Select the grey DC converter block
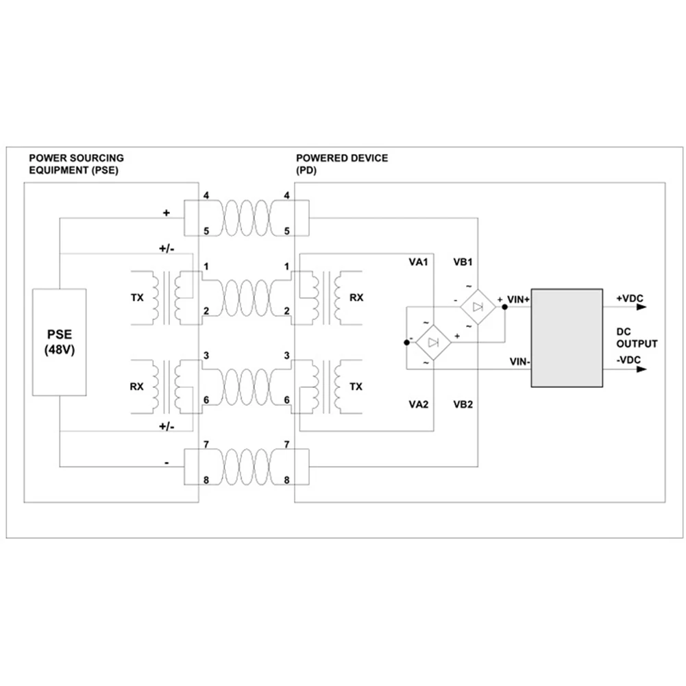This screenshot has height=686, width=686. point(567,339)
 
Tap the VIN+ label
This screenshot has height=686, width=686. point(518,299)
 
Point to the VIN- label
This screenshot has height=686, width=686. point(519,361)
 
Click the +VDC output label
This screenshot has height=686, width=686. point(629,298)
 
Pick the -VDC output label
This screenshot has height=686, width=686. point(629,361)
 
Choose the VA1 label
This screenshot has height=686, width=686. point(419,262)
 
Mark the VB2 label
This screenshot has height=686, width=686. point(463,404)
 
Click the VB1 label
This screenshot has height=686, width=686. point(463,262)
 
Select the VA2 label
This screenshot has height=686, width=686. point(419,404)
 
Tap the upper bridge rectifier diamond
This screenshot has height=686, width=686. point(478,307)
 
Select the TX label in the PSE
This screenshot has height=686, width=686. point(138,298)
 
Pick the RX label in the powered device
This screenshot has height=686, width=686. point(356,298)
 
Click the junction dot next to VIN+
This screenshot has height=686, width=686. point(504,307)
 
